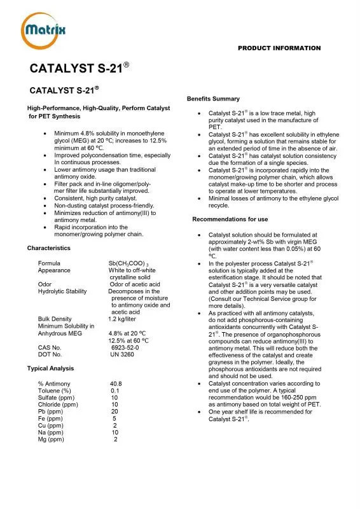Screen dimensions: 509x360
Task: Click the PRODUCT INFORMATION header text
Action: point(279,48)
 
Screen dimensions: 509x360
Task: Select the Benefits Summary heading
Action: point(213,99)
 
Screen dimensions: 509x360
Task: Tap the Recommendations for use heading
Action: point(230,220)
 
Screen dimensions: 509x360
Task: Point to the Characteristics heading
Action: point(48,248)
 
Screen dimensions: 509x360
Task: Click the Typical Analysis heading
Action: point(50,368)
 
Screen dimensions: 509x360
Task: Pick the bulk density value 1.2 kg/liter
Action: point(126,319)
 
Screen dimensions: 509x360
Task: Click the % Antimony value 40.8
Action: point(116,384)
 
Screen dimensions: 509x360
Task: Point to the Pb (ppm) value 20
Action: point(114,412)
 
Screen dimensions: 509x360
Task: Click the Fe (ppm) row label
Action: point(51,419)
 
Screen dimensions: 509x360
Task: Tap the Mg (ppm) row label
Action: point(52,440)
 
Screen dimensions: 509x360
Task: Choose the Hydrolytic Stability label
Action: point(62,291)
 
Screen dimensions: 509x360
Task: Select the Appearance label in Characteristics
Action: point(54,270)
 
